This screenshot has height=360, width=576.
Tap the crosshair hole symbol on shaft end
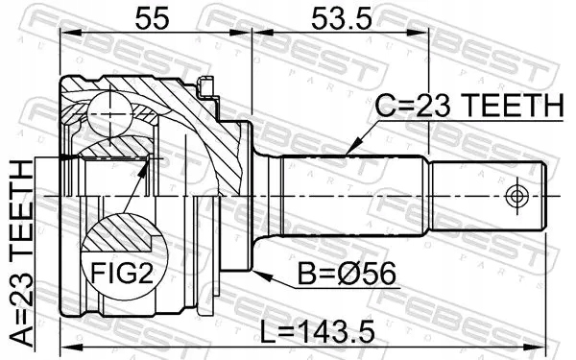click(516, 196)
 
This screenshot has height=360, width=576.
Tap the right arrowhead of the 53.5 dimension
click(422, 32)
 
